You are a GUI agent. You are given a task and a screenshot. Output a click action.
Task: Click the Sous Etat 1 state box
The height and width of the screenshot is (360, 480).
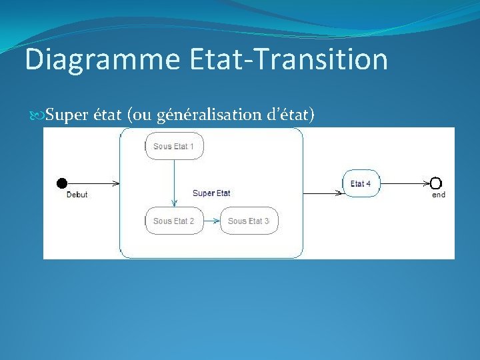click(174, 146)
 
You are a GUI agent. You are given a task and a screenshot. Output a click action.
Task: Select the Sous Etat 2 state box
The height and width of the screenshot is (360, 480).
click(174, 221)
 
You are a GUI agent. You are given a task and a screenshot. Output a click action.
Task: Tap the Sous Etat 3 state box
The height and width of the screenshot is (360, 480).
click(249, 221)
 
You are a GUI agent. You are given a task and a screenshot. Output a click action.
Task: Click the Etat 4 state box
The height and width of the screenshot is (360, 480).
click(362, 183)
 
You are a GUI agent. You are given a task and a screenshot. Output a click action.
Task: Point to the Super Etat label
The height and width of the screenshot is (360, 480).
click(211, 193)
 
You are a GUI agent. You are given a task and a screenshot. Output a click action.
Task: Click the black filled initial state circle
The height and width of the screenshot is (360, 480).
click(62, 183)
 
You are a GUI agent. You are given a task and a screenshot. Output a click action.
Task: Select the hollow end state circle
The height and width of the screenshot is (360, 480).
click(436, 183)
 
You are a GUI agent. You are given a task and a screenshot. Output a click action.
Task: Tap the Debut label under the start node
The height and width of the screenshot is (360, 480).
click(77, 195)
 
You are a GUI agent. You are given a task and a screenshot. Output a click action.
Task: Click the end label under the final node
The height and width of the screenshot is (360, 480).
click(439, 195)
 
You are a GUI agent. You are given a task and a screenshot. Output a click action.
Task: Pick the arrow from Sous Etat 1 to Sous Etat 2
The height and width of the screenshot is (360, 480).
click(174, 183)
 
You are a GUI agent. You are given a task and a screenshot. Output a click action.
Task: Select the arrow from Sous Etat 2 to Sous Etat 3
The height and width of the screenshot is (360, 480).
click(211, 221)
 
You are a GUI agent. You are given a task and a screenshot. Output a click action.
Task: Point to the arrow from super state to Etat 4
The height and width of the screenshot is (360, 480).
click(323, 193)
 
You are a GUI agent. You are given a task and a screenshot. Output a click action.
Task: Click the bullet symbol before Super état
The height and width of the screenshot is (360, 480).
click(38, 115)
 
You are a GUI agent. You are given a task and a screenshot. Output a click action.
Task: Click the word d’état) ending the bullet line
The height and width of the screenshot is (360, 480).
click(291, 115)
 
